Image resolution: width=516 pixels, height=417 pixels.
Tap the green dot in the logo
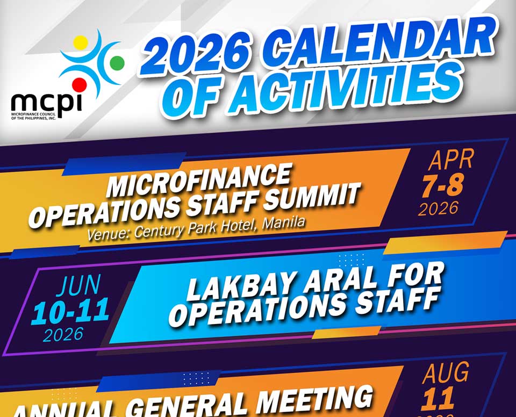click(117, 63)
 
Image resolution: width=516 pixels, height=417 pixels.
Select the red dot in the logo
click(80, 84)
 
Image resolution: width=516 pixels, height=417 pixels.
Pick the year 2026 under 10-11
click(63, 335)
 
